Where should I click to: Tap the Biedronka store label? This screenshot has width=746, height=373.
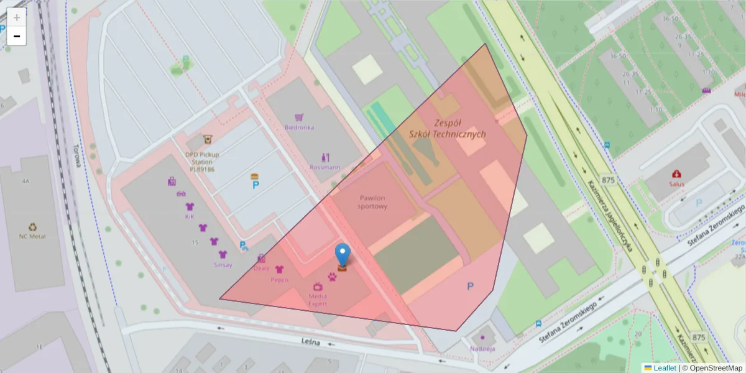299,127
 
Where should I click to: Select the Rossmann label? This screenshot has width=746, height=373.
325,167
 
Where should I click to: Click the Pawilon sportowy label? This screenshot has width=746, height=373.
373,202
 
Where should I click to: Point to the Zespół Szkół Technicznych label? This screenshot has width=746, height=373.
448,129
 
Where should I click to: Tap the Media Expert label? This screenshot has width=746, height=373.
318,300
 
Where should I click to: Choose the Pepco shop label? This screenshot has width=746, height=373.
279,280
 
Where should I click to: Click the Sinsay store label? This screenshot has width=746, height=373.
223,265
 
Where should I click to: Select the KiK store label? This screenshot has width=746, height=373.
190,217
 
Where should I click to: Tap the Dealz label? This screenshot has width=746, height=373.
262,269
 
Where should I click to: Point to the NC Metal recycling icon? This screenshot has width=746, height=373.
32,227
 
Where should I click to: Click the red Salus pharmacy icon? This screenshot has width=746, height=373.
676,174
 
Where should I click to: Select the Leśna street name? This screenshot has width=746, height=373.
310,342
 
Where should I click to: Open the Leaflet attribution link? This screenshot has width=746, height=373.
664,368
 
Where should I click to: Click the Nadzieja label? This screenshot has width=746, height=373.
482,348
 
